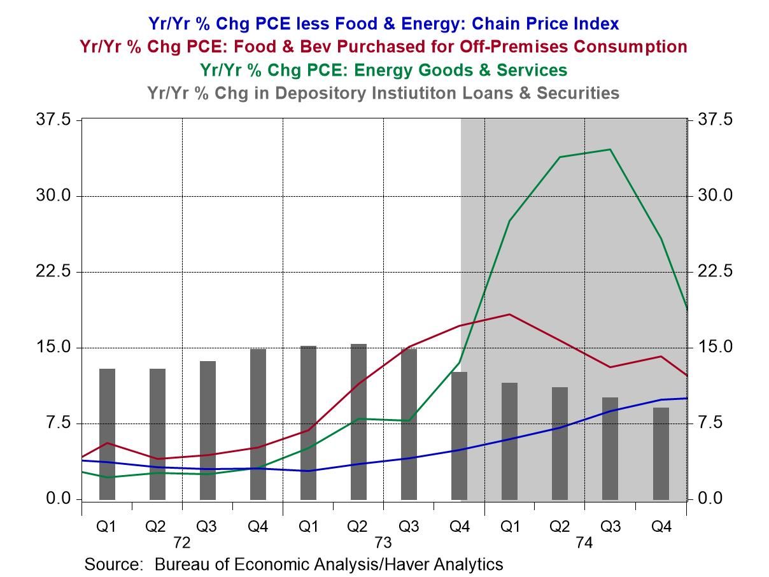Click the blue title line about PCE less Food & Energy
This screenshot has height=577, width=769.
point(383,24)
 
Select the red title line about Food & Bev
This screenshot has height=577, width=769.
point(383,46)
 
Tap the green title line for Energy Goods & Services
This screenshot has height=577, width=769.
point(383,69)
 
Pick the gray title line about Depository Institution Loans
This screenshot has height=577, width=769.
point(383,92)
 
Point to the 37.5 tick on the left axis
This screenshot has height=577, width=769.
point(56,120)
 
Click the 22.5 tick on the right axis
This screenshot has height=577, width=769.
point(715,272)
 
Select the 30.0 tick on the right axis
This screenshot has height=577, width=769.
point(715,196)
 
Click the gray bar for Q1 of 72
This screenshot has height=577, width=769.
point(108,434)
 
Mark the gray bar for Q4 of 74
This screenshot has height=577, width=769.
point(661,453)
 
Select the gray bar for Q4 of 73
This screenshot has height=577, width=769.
point(459,436)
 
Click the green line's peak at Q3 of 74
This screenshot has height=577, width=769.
point(610,150)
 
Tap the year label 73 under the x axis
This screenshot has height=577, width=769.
point(383,544)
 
